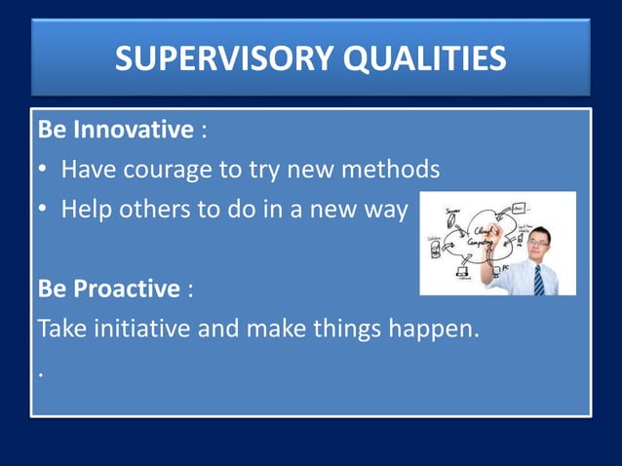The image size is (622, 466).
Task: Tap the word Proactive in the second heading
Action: pos(133,289)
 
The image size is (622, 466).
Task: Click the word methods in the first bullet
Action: pos(391,170)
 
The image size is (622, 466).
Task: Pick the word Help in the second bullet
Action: pos(86,210)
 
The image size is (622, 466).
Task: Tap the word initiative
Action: pos(136,329)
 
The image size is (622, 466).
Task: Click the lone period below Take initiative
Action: pos(40,374)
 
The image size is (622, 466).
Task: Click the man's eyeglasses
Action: pos(538,242)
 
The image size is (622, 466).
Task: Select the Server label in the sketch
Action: pos(453,211)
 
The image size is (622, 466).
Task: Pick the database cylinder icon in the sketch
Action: pos(435,249)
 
